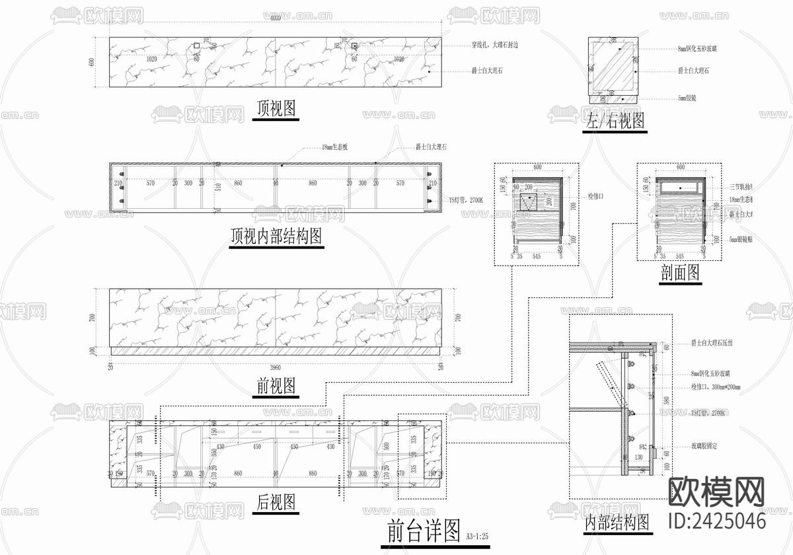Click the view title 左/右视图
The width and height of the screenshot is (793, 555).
pyautogui.click(x=614, y=121)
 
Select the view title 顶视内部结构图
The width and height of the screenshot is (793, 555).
pyautogui.click(x=276, y=235)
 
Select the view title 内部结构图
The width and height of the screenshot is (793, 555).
pyautogui.click(x=617, y=523)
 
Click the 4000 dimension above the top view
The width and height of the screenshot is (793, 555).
pyautogui.click(x=275, y=18)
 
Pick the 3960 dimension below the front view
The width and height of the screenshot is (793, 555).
pyautogui.click(x=275, y=367)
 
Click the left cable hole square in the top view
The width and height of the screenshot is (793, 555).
pyautogui.click(x=196, y=46)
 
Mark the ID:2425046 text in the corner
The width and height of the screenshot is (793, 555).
pyautogui.click(x=717, y=520)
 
